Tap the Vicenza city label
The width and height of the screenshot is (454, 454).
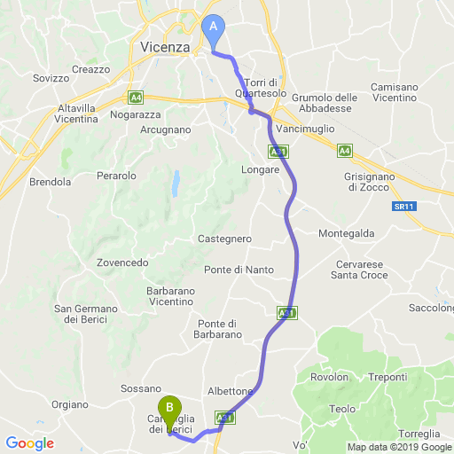tap(165, 47)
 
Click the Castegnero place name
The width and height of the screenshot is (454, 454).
tap(225, 239)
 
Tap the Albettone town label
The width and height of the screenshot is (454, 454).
tap(231, 391)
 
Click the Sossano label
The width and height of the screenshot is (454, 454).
tap(140, 389)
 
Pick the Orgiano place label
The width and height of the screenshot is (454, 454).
tap(71, 404)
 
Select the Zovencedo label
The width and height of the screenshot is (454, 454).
tap(122, 262)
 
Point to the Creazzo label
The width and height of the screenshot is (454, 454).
tap(90, 69)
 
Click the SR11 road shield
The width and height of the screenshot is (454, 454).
tap(403, 207)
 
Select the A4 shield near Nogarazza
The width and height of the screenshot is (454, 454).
tap(136, 97)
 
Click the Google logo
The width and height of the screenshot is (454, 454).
tap(29, 442)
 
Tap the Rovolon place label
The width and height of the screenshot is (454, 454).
tap(329, 378)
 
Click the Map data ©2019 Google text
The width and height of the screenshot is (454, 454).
tap(399, 446)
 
